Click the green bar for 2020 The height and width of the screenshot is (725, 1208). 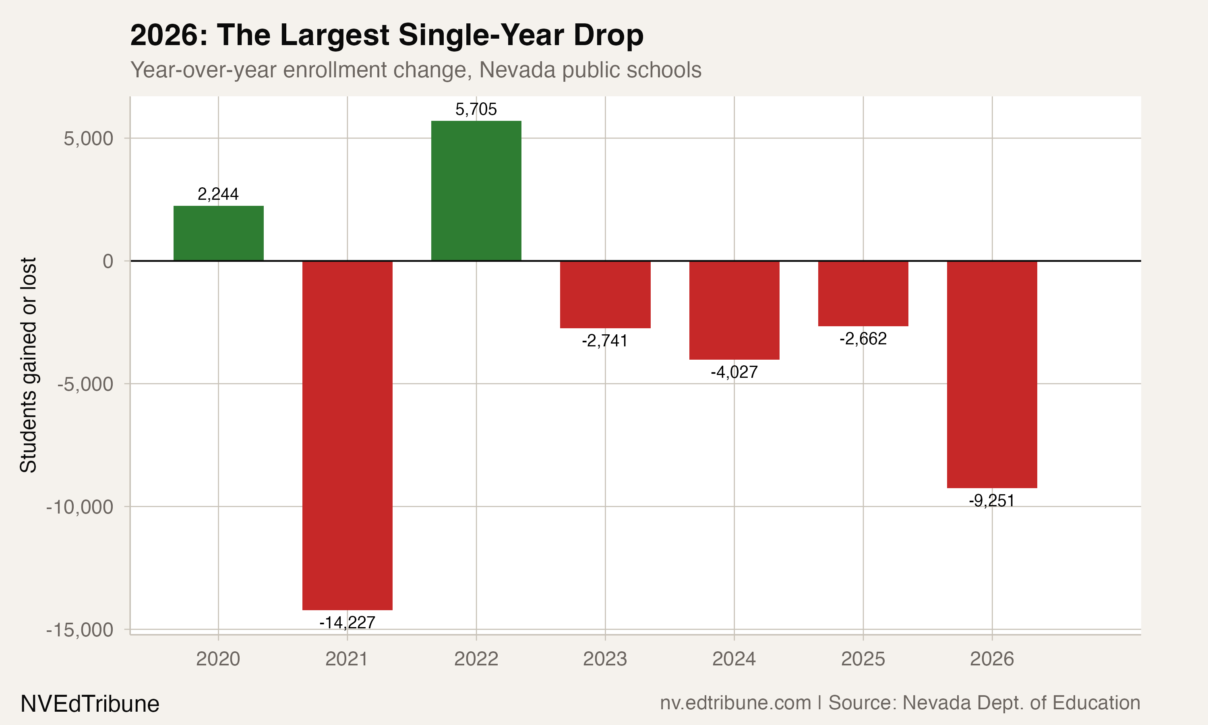[218, 234]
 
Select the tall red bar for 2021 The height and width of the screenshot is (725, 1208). [347, 435]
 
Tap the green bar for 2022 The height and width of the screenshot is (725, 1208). [476, 191]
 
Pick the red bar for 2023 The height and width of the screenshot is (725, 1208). [605, 294]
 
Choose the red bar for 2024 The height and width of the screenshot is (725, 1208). [734, 310]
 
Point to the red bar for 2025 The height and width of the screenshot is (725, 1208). [863, 294]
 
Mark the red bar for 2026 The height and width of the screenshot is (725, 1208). [992, 374]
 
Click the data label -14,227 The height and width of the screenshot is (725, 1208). [347, 622]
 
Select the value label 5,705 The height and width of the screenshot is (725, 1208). [476, 109]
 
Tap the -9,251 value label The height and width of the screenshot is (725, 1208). [992, 501]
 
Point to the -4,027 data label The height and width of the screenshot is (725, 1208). [734, 372]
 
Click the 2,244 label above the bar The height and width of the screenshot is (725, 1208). [218, 194]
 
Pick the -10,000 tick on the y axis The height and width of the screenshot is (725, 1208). [80, 507]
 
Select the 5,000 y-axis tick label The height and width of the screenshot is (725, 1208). [88, 139]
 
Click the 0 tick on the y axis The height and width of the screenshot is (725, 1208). [108, 261]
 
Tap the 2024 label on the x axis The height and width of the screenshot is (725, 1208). [734, 659]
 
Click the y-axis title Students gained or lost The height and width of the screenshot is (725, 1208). [28, 365]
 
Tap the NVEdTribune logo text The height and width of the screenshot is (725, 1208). [90, 704]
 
